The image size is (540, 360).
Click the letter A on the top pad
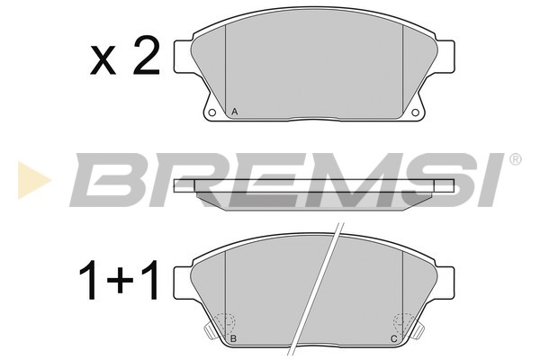pyautogui.click(x=234, y=112)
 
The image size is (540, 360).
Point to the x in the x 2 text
pyautogui.click(x=105, y=61)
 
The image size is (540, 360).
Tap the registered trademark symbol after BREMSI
pyautogui.click(x=516, y=159)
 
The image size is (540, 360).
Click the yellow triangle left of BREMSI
pyautogui.click(x=30, y=178)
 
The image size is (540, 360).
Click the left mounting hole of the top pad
pyautogui.click(x=212, y=113)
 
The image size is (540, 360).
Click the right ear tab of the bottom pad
pyautogui.click(x=445, y=281)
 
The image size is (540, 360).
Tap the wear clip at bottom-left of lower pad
pyautogui.click(x=210, y=334)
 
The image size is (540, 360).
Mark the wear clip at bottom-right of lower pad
pyautogui.click(x=418, y=334)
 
